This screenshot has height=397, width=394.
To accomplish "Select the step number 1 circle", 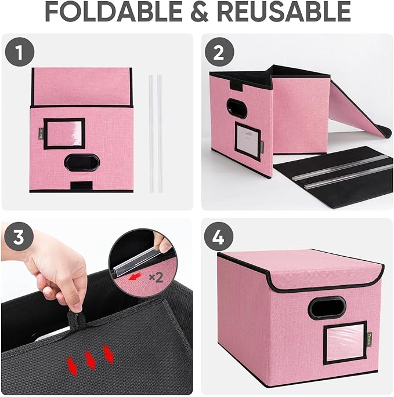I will click(x=20, y=53).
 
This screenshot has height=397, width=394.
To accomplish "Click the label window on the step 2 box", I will click(x=248, y=140).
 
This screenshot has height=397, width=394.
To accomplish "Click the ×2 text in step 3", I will click(x=156, y=277).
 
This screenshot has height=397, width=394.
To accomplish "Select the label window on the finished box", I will click(x=344, y=342).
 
